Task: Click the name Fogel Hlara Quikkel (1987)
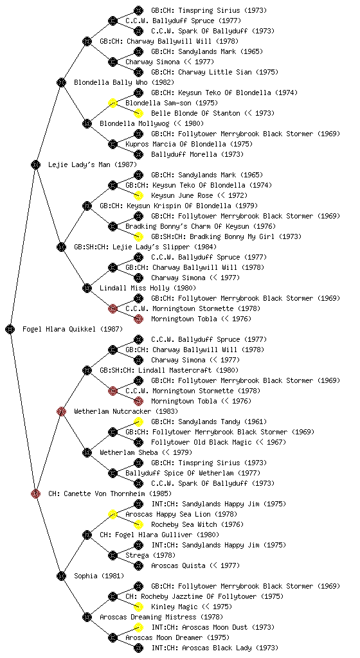[x=73, y=330]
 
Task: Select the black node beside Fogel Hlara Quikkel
[x=10, y=329]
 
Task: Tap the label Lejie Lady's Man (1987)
[x=93, y=165]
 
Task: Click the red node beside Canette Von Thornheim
[x=35, y=493]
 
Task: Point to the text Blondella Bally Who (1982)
[x=124, y=83]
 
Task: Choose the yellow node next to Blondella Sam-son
[x=113, y=103]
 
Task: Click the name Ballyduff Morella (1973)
[x=196, y=154]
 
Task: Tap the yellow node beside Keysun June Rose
[x=138, y=195]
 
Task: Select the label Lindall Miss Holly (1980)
[x=148, y=289]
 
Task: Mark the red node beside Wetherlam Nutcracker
[x=61, y=411]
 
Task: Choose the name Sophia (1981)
[x=99, y=576]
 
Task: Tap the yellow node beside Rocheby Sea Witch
[x=138, y=524]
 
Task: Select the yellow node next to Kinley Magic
[x=138, y=607]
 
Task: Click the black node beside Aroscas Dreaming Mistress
[x=87, y=617]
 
